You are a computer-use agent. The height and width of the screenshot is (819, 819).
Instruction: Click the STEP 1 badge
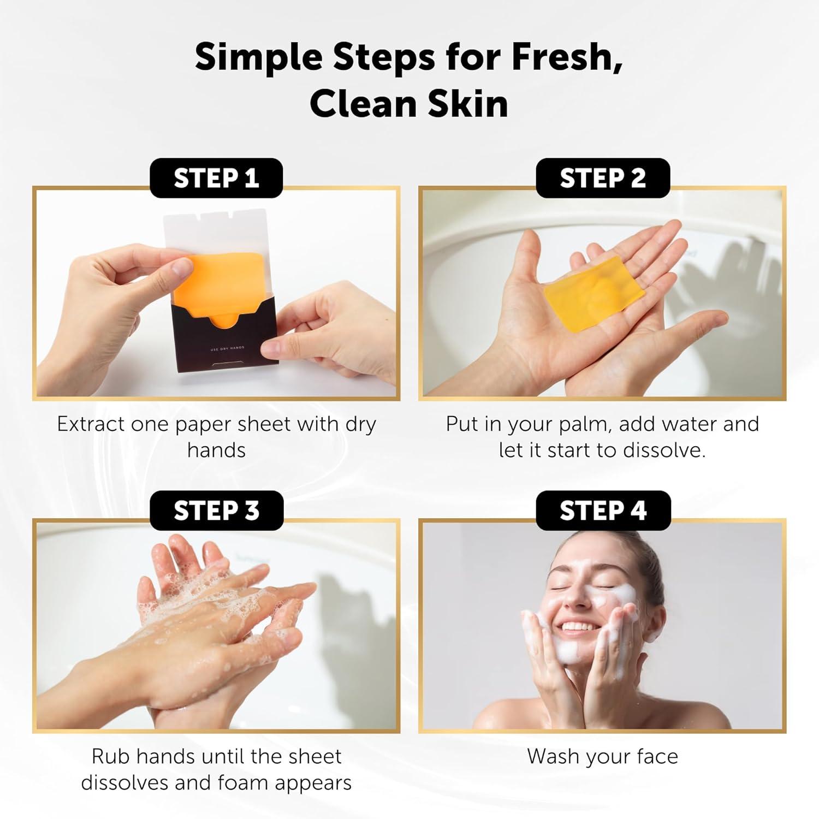pyautogui.click(x=216, y=178)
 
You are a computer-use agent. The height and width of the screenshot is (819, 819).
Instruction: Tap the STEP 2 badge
pyautogui.click(x=603, y=178)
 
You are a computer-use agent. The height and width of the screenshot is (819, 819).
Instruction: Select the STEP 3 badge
pyautogui.click(x=216, y=511)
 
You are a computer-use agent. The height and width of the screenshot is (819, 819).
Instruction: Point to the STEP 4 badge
pyautogui.click(x=603, y=511)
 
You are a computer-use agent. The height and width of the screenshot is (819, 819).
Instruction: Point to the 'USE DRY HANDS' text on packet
pyautogui.click(x=227, y=348)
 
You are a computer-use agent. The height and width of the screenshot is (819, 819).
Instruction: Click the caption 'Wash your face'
pyautogui.click(x=603, y=757)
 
